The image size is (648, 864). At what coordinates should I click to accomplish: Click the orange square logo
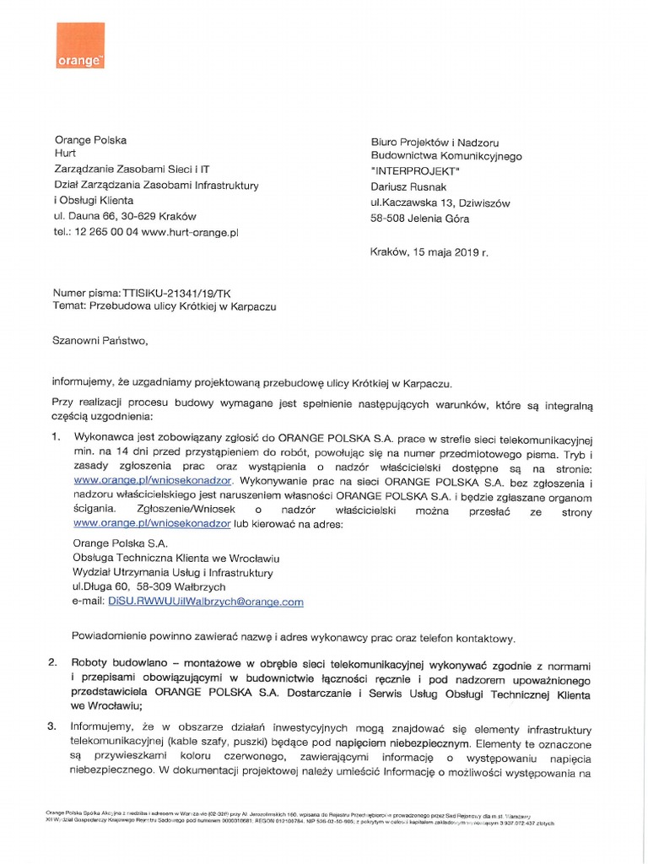80,47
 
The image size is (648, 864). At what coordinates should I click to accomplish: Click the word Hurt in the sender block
65,154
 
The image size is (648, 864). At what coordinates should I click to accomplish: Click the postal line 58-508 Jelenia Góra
419,219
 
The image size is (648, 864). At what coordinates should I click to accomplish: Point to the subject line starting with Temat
165,307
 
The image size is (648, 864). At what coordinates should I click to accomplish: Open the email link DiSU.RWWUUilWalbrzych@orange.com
205,602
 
